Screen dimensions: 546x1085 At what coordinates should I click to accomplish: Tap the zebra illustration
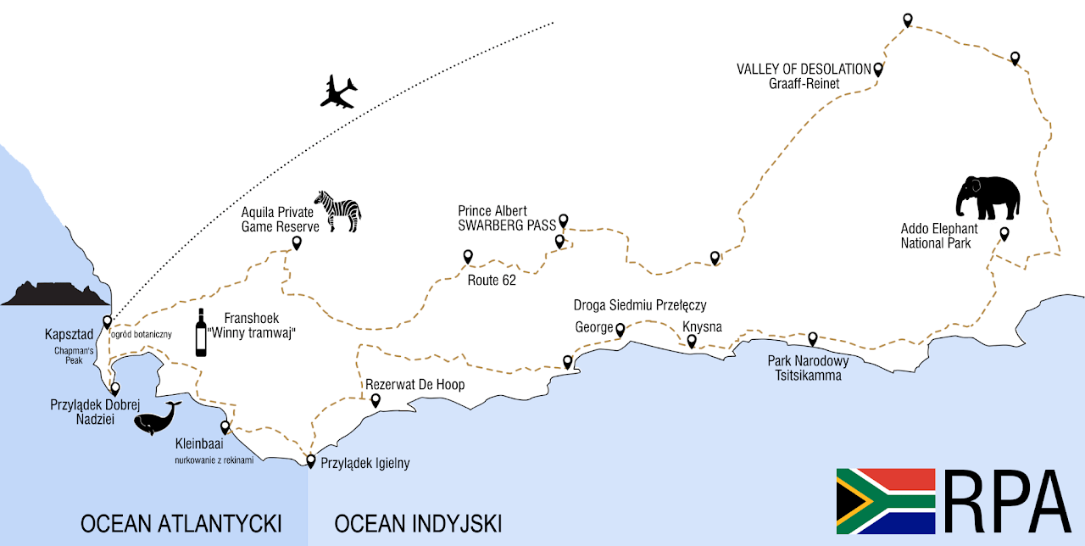click(338, 210)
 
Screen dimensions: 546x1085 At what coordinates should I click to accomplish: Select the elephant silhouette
click(988, 198)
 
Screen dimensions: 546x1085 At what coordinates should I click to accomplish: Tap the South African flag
click(886, 500)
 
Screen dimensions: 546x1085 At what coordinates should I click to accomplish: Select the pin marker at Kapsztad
click(108, 322)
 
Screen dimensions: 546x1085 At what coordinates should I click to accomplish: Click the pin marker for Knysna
click(692, 342)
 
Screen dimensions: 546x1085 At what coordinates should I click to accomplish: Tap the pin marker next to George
click(620, 330)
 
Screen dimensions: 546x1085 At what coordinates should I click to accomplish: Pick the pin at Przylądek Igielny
click(311, 461)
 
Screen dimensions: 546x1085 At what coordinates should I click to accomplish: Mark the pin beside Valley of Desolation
click(878, 70)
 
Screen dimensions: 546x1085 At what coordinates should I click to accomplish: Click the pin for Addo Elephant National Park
click(1004, 234)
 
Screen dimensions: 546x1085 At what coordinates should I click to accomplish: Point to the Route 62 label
click(492, 280)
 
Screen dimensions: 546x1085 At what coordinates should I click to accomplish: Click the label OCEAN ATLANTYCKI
click(181, 522)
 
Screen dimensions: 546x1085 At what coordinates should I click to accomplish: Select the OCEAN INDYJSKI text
click(418, 522)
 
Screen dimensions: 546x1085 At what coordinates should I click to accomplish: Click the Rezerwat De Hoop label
click(415, 385)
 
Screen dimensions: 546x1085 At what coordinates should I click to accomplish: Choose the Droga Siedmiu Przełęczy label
click(640, 305)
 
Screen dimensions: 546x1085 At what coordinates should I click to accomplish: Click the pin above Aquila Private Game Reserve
click(297, 243)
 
